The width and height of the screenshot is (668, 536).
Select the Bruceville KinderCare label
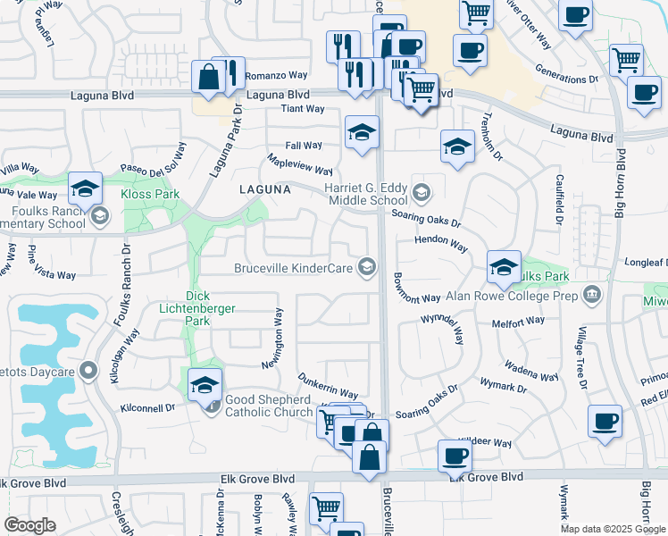(295, 268)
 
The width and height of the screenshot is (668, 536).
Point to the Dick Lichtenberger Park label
(210, 302)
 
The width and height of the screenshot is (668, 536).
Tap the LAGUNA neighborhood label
(264, 190)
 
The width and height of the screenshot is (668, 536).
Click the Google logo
(29, 525)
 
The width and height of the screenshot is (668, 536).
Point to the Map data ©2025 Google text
(613, 529)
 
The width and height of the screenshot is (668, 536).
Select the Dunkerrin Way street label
(328, 387)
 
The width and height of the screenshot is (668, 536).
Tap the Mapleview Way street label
(301, 164)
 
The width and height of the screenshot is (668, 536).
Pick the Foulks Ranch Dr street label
(124, 260)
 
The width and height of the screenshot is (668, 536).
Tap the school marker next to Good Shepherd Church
(205, 385)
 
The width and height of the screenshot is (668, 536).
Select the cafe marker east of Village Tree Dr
(605, 421)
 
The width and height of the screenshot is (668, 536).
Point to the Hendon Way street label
(441, 242)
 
